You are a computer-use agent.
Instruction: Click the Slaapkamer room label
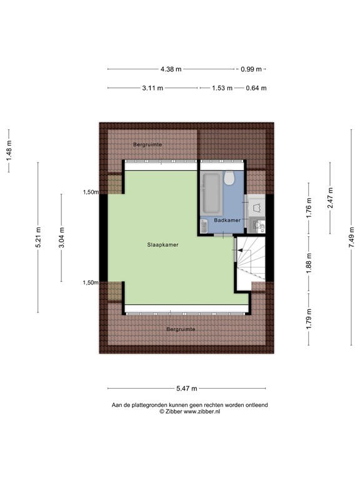[163, 246]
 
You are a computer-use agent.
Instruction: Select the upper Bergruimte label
[147, 144]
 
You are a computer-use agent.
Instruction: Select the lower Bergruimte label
[181, 329]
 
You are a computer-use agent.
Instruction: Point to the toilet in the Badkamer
[229, 179]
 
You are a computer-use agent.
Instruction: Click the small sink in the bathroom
[204, 226]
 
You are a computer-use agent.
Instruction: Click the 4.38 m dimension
[171, 69]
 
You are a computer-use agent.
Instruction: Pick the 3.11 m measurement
[152, 88]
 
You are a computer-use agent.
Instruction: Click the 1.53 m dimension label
[222, 88]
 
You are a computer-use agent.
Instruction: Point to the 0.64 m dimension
[256, 88]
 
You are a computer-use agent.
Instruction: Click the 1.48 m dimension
[9, 151]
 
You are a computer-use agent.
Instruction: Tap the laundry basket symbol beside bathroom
[256, 205]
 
